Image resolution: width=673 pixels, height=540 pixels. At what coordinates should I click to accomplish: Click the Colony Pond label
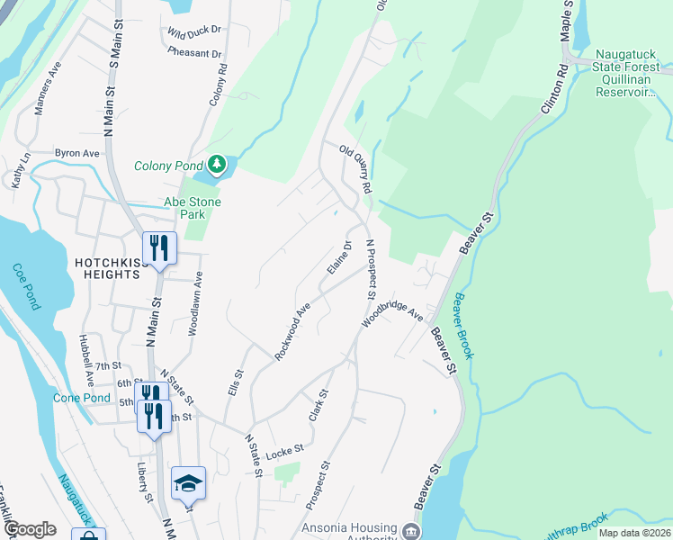point(168,166)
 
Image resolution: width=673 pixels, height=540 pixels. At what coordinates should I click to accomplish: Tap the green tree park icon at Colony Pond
point(216,164)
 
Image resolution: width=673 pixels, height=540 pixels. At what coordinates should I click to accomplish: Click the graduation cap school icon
point(188,484)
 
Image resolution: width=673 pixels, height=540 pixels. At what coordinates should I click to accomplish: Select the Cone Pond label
point(82,398)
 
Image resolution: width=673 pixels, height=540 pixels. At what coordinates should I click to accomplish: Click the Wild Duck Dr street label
point(193,31)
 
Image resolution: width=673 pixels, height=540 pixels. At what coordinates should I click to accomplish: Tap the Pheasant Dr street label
point(193,54)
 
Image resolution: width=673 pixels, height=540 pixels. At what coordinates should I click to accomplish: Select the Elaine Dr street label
point(339,257)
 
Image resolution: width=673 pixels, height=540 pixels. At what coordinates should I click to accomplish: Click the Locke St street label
point(284,448)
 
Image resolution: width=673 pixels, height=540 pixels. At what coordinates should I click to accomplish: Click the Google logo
point(30,529)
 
